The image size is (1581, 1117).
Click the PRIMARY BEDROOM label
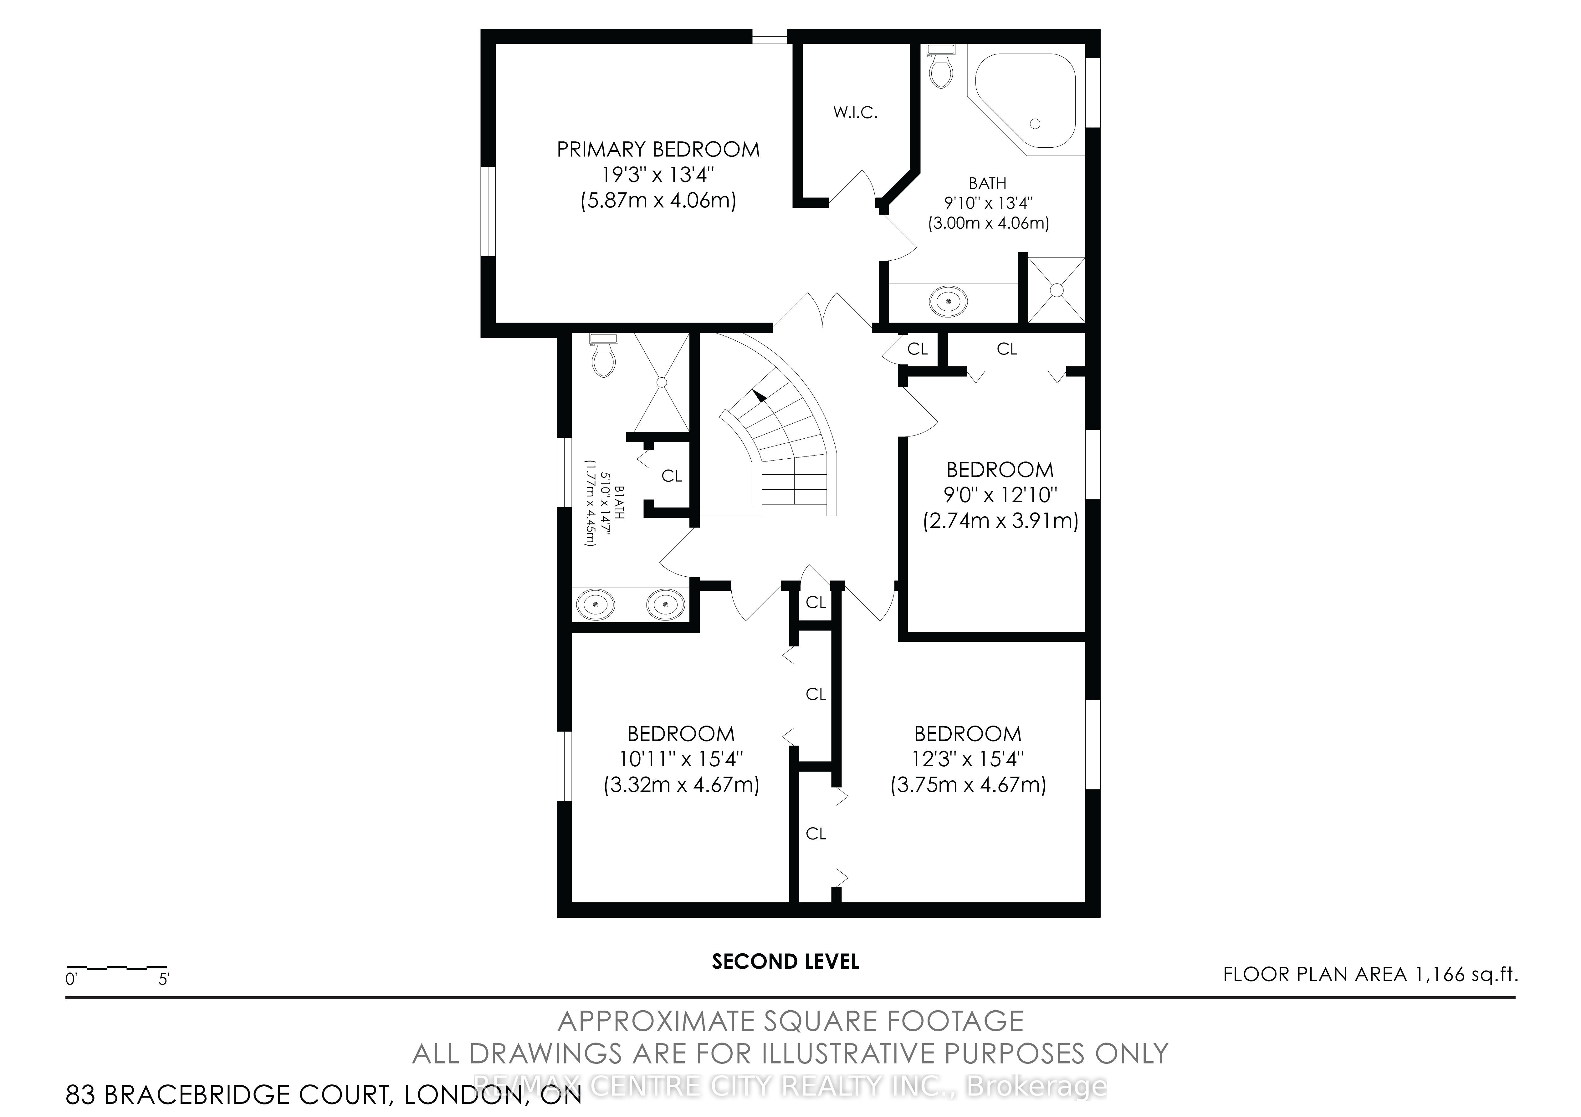[658, 150]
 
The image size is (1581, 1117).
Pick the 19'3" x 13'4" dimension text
[658, 175]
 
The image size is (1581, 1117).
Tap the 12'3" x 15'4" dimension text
[968, 759]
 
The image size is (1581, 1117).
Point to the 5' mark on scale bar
[164, 979]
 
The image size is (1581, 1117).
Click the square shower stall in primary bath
[1056, 289]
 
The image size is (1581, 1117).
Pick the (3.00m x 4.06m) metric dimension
[988, 223]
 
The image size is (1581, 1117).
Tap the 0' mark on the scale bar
[71, 979]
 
